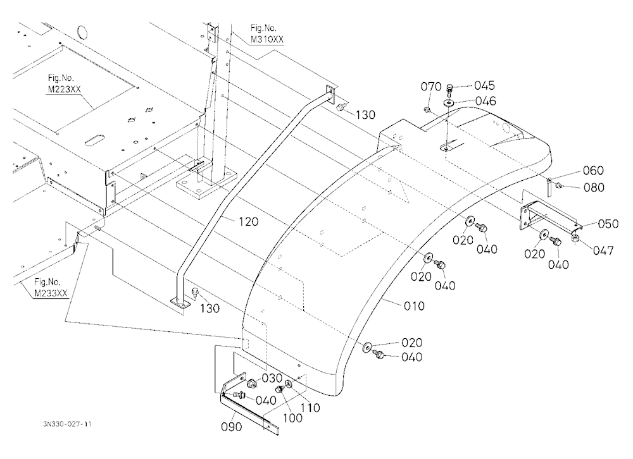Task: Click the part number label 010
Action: (x=414, y=306)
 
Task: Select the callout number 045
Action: (x=484, y=85)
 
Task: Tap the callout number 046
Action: (x=486, y=101)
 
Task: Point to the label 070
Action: (x=431, y=87)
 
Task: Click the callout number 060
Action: (x=594, y=171)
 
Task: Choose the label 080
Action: (x=594, y=188)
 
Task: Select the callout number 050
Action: (x=608, y=224)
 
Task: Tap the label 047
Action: (x=603, y=250)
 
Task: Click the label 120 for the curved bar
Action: (x=248, y=221)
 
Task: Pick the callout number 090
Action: (x=232, y=427)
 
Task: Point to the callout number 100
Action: (x=292, y=419)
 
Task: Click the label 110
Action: (x=310, y=408)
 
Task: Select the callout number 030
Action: (x=272, y=378)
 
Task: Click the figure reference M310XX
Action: (x=267, y=40)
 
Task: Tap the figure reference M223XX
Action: (x=64, y=89)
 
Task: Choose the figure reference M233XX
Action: (x=51, y=293)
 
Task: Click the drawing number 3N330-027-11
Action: (x=67, y=424)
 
